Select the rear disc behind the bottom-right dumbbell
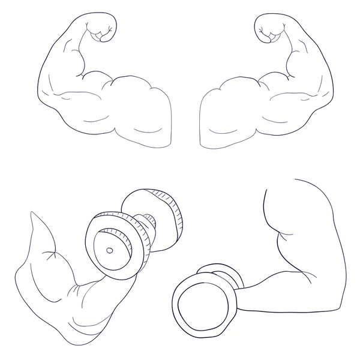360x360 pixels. [228, 282]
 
